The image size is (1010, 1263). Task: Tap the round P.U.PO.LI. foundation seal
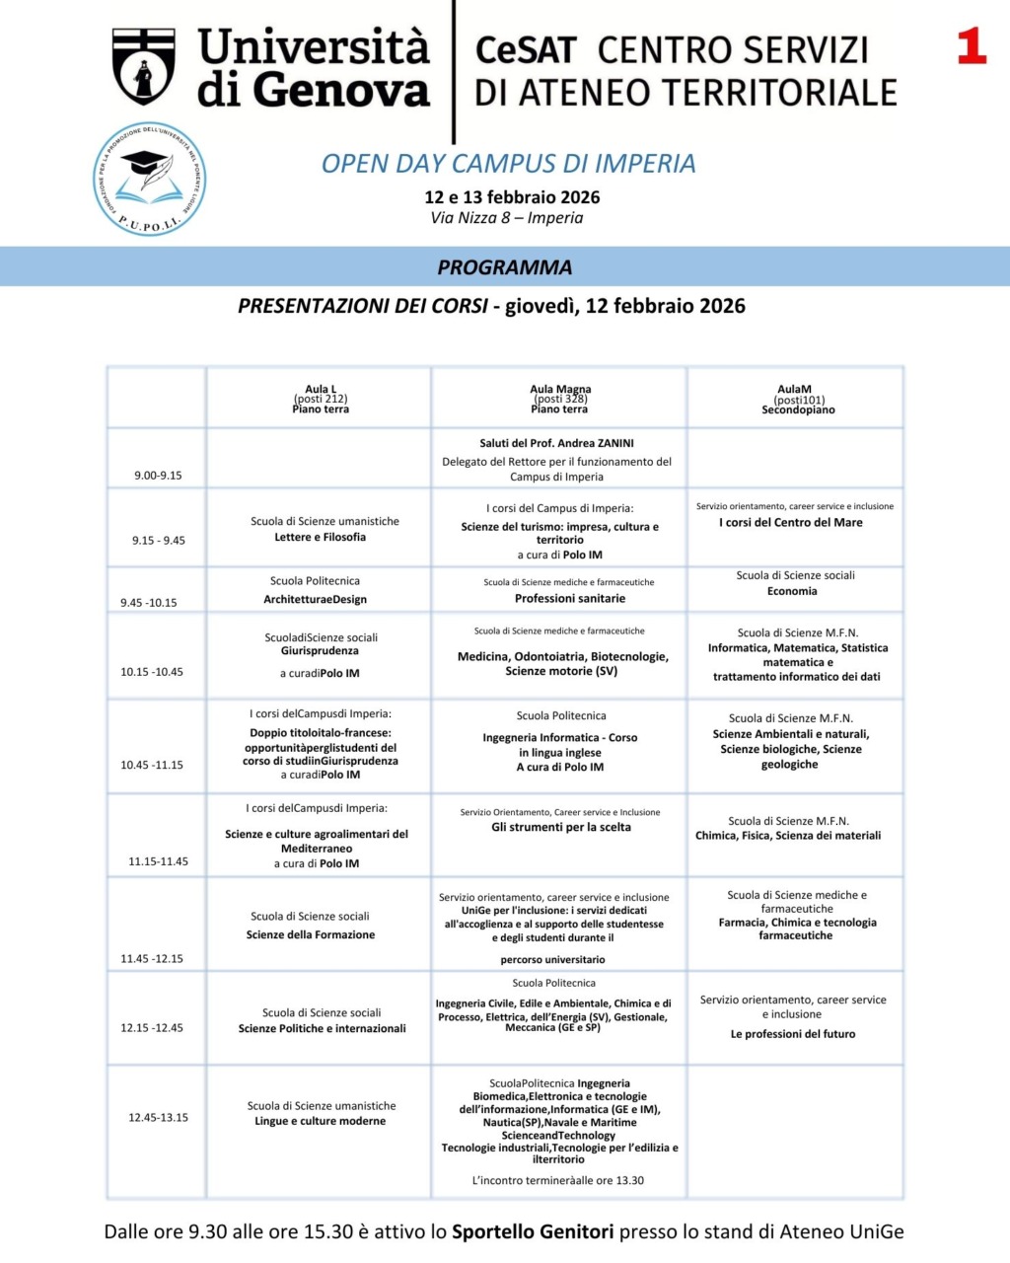[149, 180]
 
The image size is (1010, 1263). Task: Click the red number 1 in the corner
[972, 46]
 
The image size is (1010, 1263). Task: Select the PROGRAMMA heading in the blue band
[504, 267]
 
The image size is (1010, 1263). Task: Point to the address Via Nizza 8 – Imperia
[506, 218]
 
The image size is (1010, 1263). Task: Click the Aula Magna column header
[559, 399]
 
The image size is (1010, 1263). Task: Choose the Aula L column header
[321, 399]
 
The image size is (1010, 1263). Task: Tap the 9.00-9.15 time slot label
[158, 476]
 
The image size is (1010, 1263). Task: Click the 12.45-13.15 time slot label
[158, 1118]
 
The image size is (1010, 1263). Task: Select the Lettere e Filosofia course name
[320, 538]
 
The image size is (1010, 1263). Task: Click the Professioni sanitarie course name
[569, 599]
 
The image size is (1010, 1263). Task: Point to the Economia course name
[792, 592]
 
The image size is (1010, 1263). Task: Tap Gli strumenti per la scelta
[560, 828]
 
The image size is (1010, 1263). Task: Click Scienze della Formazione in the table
[311, 935]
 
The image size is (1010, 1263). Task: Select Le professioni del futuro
[793, 1034]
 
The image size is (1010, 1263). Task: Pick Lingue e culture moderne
[320, 1122]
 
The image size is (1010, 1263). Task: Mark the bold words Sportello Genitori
[533, 1231]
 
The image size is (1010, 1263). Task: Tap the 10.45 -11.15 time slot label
[152, 765]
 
